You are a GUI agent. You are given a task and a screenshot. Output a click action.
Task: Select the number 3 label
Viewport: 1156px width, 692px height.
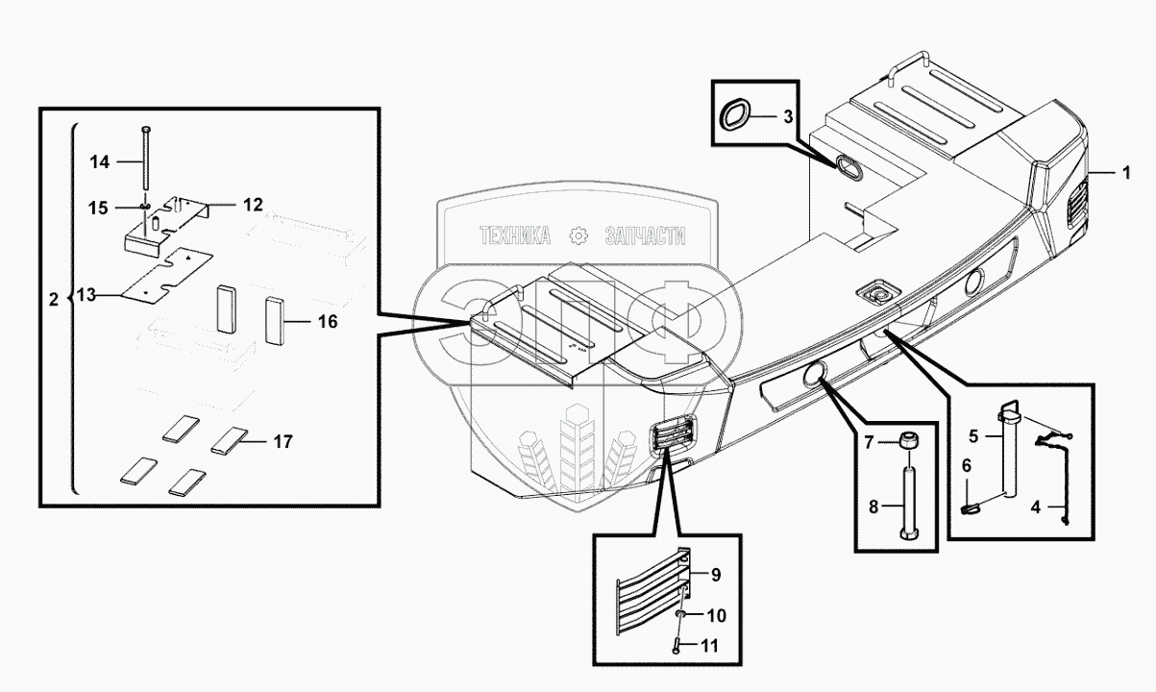[787, 117]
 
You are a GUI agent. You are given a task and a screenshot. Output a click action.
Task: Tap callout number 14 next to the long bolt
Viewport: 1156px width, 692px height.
[100, 162]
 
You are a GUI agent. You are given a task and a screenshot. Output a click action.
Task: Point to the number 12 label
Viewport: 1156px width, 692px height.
[252, 205]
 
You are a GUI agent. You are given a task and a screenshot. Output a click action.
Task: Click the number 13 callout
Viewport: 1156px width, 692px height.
[87, 297]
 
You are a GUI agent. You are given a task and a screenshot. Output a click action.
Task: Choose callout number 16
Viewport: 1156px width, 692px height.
[328, 323]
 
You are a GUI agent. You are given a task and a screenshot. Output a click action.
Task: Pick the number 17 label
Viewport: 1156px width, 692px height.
[282, 443]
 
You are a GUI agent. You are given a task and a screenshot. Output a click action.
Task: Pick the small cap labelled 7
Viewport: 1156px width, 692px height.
[907, 442]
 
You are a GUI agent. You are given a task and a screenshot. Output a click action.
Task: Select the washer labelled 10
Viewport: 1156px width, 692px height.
[680, 614]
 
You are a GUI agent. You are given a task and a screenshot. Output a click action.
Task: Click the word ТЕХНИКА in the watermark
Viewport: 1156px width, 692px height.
[515, 236]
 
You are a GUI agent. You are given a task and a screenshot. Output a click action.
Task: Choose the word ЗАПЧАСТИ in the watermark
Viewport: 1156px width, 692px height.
[644, 236]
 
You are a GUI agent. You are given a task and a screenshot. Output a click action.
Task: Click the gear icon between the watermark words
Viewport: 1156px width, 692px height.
[578, 236]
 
